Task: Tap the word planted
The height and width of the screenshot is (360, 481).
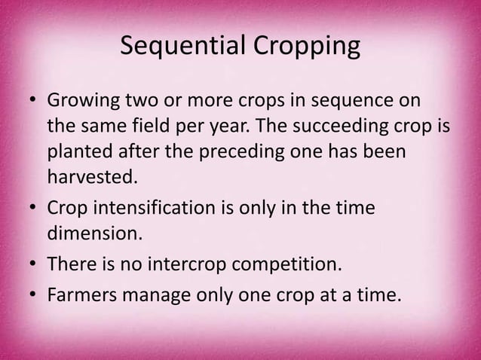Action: pos(78,153)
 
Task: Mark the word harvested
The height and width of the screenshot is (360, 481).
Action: pos(94,178)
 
